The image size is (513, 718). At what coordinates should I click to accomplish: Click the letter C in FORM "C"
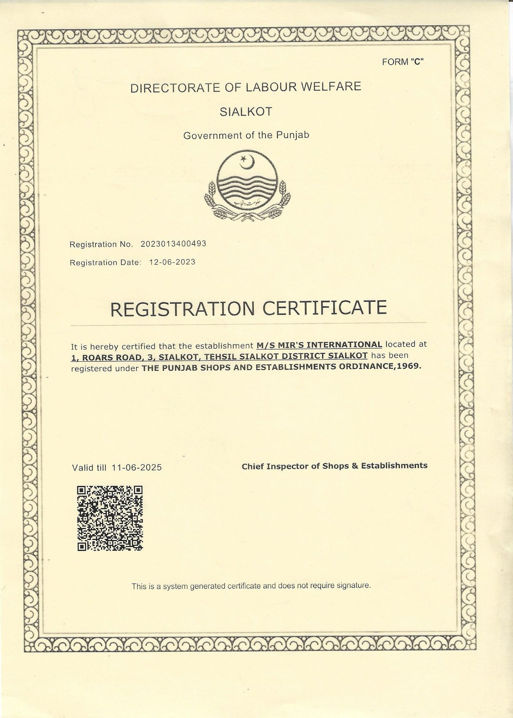tap(417, 62)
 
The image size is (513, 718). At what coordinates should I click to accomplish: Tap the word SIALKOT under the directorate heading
tap(246, 112)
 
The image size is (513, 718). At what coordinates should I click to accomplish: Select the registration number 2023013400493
tap(173, 244)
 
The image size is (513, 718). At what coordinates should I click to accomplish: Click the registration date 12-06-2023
tap(172, 262)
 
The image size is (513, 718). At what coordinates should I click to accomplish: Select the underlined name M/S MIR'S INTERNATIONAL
tap(319, 345)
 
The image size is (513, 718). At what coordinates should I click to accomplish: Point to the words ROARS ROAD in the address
tap(111, 357)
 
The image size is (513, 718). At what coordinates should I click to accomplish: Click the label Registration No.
tap(101, 245)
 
